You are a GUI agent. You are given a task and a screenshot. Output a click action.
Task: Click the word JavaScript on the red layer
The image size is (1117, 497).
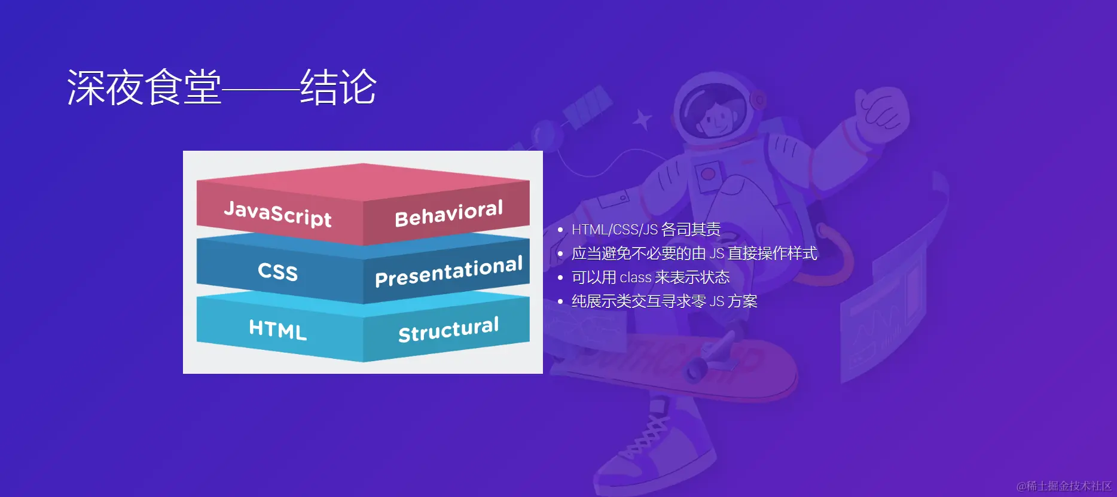(x=277, y=214)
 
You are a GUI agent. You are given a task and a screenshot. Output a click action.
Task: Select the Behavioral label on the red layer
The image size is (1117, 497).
(x=448, y=214)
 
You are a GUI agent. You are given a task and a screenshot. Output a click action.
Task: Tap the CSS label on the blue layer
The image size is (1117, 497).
(x=277, y=272)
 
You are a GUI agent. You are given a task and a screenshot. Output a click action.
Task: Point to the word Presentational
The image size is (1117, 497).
(x=448, y=271)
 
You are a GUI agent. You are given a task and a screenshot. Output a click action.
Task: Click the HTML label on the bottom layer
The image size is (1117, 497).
(x=277, y=329)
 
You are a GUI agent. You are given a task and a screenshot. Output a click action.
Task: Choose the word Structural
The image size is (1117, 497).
(x=448, y=329)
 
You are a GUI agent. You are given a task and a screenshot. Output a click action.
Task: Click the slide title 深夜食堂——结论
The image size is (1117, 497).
(x=222, y=87)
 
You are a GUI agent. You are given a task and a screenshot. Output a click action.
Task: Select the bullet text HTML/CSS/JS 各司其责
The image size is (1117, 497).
(x=646, y=230)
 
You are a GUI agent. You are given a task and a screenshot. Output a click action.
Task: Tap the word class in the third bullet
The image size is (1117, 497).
(x=636, y=278)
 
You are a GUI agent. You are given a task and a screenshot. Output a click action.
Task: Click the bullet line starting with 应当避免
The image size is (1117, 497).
(x=694, y=254)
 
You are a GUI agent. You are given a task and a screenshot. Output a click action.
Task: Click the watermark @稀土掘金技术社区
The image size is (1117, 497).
(x=1064, y=486)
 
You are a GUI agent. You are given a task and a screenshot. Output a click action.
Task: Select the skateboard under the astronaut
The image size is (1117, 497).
(x=676, y=365)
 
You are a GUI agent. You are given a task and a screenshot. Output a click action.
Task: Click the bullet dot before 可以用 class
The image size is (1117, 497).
(x=560, y=278)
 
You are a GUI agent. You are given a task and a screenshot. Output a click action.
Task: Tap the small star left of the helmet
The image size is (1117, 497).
(x=643, y=120)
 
